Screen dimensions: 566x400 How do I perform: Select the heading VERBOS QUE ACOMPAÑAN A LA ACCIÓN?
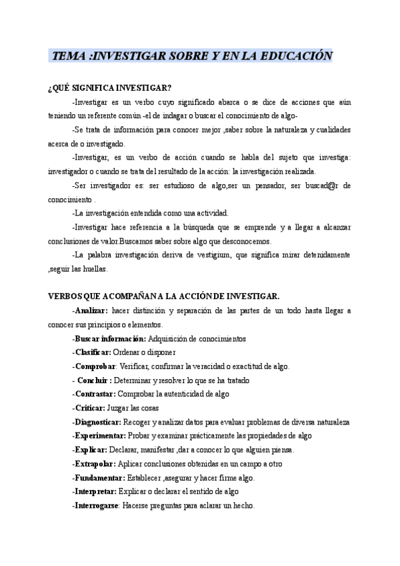click(x=164, y=296)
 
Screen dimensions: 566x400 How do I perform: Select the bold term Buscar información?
click(x=110, y=338)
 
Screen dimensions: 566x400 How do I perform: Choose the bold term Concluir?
click(x=93, y=380)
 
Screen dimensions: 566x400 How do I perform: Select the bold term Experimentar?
click(x=99, y=435)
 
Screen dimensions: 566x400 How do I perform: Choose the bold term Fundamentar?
click(x=99, y=477)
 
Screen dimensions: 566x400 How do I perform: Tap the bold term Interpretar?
click(x=95, y=491)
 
